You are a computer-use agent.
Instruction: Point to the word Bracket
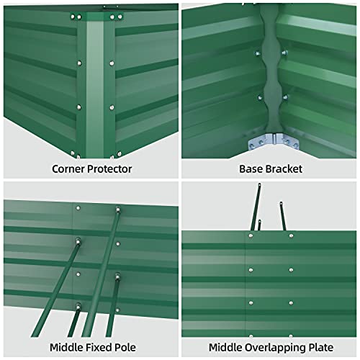click(x=282, y=170)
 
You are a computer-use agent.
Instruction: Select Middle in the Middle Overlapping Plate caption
click(x=220, y=346)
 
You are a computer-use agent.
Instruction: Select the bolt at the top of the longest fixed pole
click(x=118, y=210)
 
